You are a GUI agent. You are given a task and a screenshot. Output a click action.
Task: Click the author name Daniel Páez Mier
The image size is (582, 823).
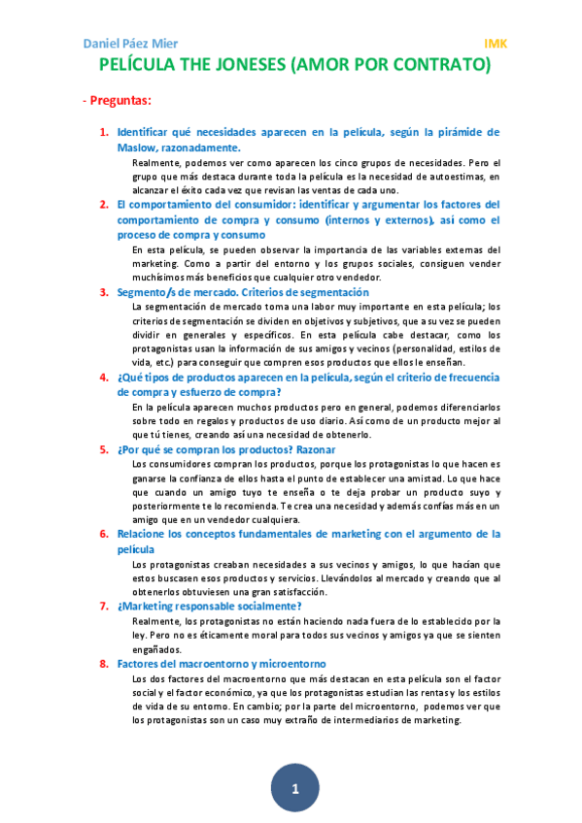(x=131, y=44)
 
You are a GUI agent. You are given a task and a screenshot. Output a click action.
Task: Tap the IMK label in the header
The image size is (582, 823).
(x=496, y=44)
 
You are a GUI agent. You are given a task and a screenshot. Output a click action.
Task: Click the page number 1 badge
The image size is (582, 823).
(x=294, y=788)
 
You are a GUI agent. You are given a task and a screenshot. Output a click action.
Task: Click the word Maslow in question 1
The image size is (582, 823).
(x=137, y=148)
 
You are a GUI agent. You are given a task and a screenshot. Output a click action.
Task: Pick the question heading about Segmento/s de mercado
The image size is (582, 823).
(x=243, y=292)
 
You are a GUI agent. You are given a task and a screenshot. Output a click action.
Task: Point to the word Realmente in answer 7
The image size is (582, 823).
(x=155, y=620)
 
